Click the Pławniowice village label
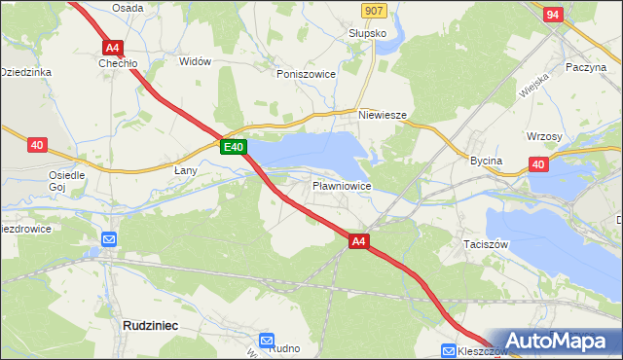click(341, 185)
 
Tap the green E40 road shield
click(233, 147)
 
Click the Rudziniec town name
click(150, 326)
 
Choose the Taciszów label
click(487, 245)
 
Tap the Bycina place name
click(486, 161)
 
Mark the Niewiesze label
click(382, 114)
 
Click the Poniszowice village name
click(306, 74)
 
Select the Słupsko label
click(368, 33)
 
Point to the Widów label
click(195, 61)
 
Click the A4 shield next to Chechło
click(112, 46)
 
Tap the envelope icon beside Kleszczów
click(449, 350)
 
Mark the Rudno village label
click(284, 348)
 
